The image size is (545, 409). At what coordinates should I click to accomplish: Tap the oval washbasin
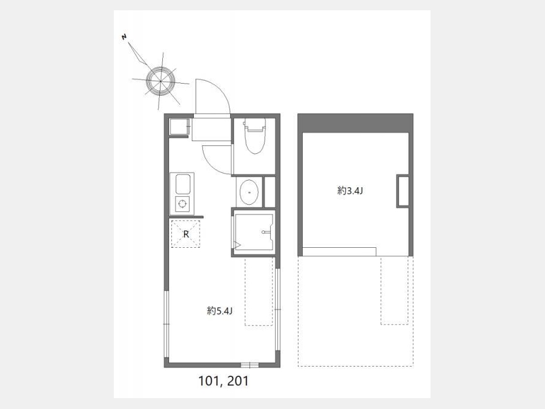[x=249, y=192]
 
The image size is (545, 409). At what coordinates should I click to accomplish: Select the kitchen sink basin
[x=183, y=184]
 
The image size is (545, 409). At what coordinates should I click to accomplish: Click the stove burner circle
[x=182, y=204]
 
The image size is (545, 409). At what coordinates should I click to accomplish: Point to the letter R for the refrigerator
[x=186, y=234]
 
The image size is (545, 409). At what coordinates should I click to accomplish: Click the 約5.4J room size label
[x=220, y=311]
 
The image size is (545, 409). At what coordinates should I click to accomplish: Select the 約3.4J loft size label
[x=350, y=191]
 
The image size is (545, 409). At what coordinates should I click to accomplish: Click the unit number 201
[x=238, y=381]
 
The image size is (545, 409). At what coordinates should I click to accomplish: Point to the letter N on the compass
[x=124, y=36]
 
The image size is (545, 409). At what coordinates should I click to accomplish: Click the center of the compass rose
[x=160, y=81]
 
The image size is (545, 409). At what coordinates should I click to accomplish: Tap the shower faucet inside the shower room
[x=266, y=232]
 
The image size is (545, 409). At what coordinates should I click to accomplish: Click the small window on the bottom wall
[x=249, y=365]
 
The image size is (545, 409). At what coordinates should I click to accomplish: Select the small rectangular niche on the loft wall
[x=403, y=191]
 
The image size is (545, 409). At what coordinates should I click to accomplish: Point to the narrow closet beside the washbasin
[x=269, y=192]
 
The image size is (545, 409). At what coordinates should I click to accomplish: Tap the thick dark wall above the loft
[x=355, y=123]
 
